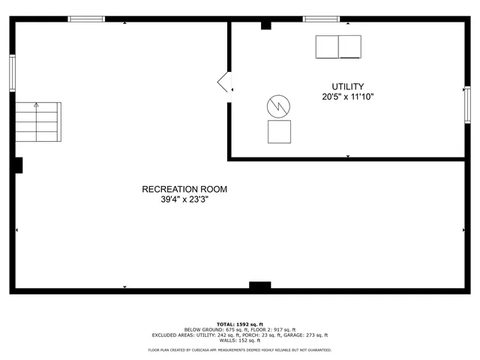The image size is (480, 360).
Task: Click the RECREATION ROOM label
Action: click(x=184, y=189)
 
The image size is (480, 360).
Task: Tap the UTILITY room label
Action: click(x=347, y=86)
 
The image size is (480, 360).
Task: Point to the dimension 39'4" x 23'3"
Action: click(x=184, y=199)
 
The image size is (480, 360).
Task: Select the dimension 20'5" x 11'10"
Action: click(x=347, y=97)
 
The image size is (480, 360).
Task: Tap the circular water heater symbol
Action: click(x=279, y=106)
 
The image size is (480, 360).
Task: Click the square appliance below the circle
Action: click(x=280, y=132)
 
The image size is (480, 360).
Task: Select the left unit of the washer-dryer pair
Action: click(x=327, y=46)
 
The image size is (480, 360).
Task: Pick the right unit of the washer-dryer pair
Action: click(x=350, y=46)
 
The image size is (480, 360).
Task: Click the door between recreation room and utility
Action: click(x=224, y=82)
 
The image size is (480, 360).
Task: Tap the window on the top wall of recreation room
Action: click(x=86, y=19)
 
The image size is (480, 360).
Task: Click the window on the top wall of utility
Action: click(x=321, y=19)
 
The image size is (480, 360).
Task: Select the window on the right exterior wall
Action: click(x=466, y=103)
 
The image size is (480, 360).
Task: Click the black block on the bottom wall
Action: click(x=259, y=286)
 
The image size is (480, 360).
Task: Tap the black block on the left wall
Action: click(x=17, y=164)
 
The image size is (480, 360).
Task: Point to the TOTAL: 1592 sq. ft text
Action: click(x=240, y=323)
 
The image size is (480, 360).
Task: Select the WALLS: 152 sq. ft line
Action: click(x=240, y=340)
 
